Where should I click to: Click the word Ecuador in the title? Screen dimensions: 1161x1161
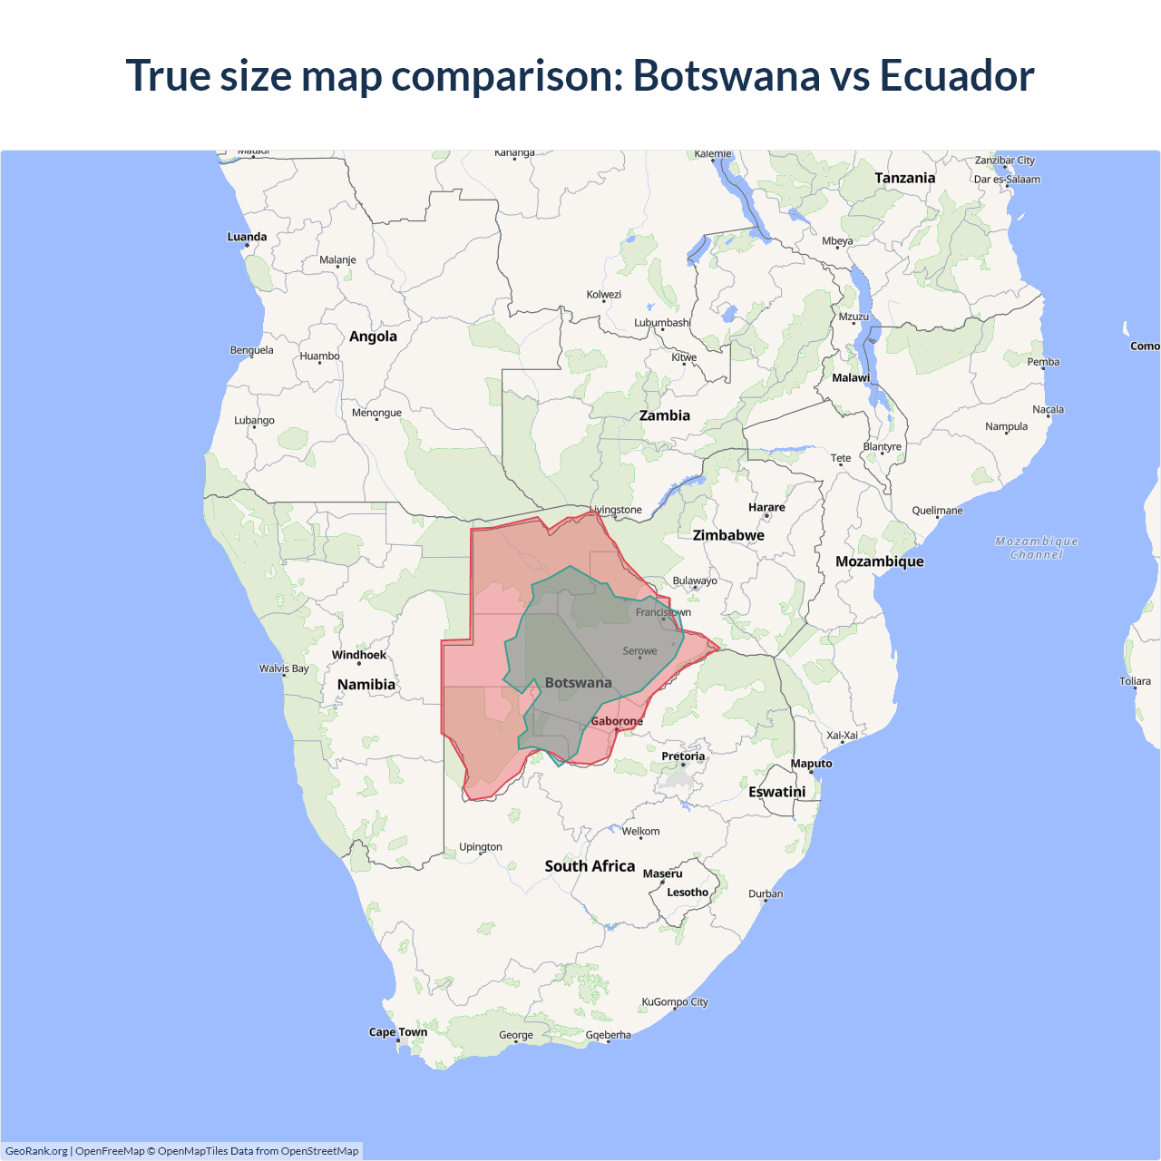[x=957, y=75]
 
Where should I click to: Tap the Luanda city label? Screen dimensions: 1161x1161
[x=247, y=237]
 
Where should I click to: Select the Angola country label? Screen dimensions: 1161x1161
[x=373, y=337]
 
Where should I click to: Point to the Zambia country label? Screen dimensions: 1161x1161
[x=665, y=415]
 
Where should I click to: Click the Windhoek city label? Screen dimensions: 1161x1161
[x=359, y=655]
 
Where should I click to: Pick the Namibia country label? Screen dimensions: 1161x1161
[x=366, y=685]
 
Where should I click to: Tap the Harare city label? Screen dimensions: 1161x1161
[x=766, y=508]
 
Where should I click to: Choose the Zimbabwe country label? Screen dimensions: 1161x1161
[x=728, y=535]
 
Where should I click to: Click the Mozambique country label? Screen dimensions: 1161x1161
[x=880, y=561]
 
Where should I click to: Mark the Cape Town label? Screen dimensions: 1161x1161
[x=398, y=1032]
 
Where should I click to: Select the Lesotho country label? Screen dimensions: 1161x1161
[x=688, y=893]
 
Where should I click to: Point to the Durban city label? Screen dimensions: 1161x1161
[x=766, y=893]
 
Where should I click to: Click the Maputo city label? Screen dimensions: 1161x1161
[x=811, y=764]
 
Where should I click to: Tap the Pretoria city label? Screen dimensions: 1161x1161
[x=683, y=756]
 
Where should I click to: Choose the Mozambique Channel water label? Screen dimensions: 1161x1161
[x=1037, y=548]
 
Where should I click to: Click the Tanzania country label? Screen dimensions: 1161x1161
[x=904, y=178]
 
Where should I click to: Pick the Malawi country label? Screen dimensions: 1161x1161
[x=851, y=378]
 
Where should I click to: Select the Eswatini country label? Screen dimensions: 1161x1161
[x=777, y=792]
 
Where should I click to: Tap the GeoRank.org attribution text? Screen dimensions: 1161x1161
[x=36, y=1151]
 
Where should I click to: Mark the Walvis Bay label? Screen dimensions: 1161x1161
[x=284, y=668]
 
